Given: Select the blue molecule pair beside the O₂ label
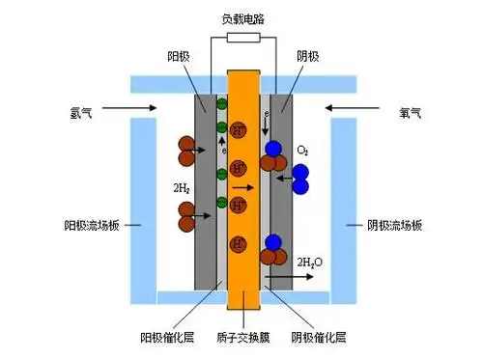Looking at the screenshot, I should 299,178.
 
